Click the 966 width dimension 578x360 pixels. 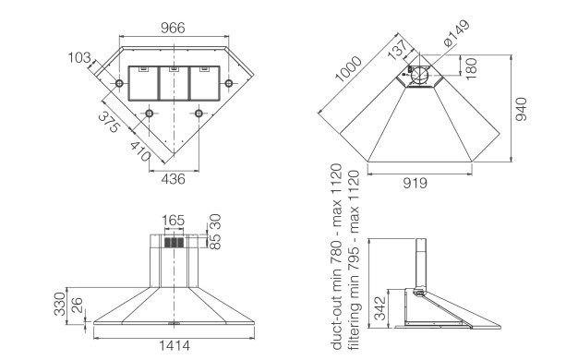[173, 28]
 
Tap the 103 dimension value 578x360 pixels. [78, 58]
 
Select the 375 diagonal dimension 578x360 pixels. [109, 123]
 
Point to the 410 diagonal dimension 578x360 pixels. [140, 151]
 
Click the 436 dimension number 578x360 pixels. [174, 179]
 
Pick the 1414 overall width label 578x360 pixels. [175, 345]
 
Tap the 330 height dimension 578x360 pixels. [60, 304]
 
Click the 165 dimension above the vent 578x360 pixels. [174, 221]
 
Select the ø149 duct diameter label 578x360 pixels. [457, 33]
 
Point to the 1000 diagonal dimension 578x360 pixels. [348, 68]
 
